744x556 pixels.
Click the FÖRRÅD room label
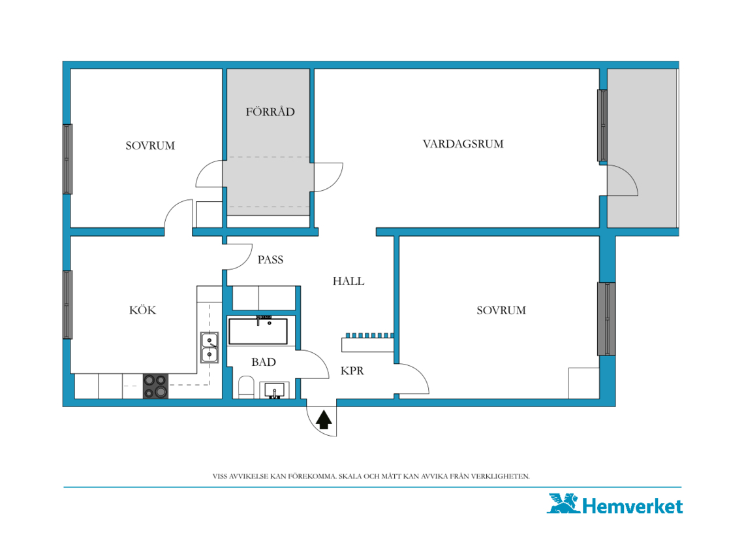pyautogui.click(x=270, y=112)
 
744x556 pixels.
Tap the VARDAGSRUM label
pyautogui.click(x=463, y=144)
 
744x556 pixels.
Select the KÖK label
pyautogui.click(x=142, y=310)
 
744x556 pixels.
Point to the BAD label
pyautogui.click(x=264, y=362)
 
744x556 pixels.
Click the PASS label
pyautogui.click(x=270, y=259)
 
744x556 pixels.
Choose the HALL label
pyautogui.click(x=349, y=281)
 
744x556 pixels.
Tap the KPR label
pyautogui.click(x=352, y=370)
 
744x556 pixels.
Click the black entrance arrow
pyautogui.click(x=324, y=420)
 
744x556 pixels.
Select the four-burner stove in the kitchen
pyautogui.click(x=155, y=386)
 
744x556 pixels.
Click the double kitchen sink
pyautogui.click(x=209, y=348)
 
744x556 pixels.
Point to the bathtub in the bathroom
pyautogui.click(x=258, y=331)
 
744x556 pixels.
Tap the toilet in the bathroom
pyautogui.click(x=246, y=387)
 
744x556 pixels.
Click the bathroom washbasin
pyautogui.click(x=274, y=390)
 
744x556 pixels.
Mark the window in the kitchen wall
pyautogui.click(x=68, y=304)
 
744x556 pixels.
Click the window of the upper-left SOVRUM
pyautogui.click(x=68, y=159)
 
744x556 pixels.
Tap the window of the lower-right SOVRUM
pyautogui.click(x=606, y=319)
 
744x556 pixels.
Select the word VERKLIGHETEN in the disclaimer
pyautogui.click(x=500, y=476)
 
